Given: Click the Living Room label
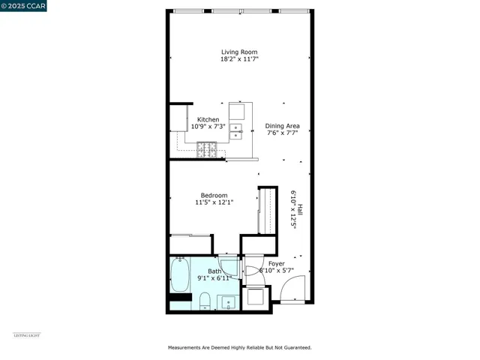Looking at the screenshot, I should (238, 52).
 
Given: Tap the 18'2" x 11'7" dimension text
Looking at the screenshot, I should (238, 59).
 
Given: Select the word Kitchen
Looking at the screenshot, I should (208, 119).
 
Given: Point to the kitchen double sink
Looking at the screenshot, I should (236, 132).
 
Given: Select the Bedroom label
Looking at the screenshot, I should (214, 195).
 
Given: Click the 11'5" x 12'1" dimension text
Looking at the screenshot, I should (214, 202).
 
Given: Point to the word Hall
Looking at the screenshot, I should (300, 210).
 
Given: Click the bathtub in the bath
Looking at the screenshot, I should (180, 276).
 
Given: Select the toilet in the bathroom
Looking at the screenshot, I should (204, 301).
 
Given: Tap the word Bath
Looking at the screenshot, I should (215, 271).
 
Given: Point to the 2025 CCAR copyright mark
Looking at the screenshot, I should (23, 6).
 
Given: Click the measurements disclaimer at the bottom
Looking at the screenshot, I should (239, 348).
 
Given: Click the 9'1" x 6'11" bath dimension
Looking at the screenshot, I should (214, 278).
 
